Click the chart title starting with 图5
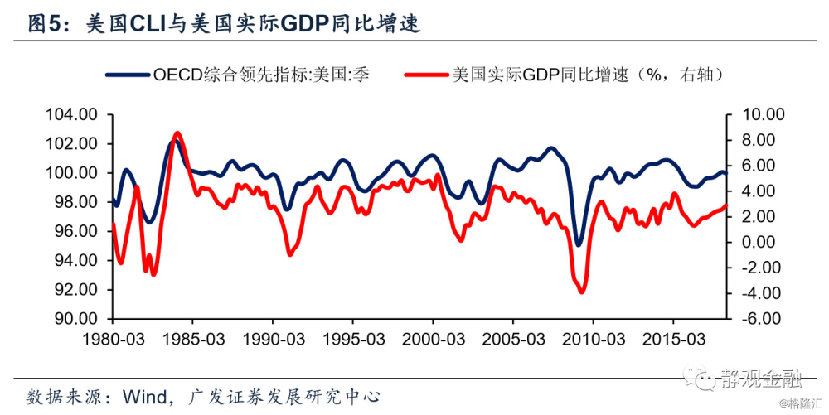click(x=224, y=24)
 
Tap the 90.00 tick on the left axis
click(x=80, y=319)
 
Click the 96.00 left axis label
click(x=80, y=231)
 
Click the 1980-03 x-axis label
click(x=113, y=340)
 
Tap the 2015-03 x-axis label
click(x=674, y=340)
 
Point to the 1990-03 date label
click(x=273, y=340)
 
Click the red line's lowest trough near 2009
click(x=581, y=291)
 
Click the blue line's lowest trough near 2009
click(x=579, y=244)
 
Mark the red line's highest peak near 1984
click(x=177, y=133)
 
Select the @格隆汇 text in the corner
click(x=801, y=405)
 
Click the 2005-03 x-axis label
click(x=513, y=340)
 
